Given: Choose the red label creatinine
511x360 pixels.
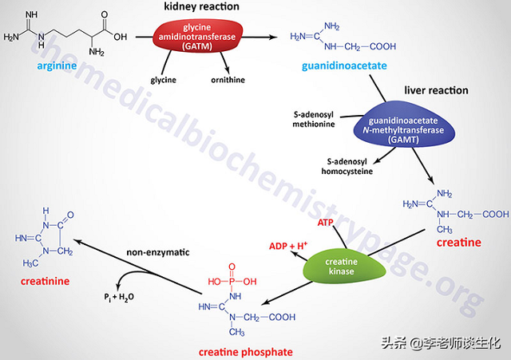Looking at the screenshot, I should click(43, 281).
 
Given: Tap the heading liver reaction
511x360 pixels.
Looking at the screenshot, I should click(436, 90).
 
